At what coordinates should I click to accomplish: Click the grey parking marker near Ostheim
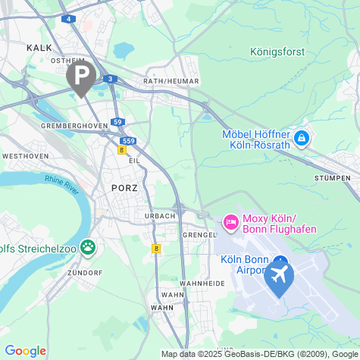81,75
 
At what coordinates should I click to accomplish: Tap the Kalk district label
39,47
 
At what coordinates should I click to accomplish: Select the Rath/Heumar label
171,81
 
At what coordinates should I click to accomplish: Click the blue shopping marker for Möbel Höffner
302,138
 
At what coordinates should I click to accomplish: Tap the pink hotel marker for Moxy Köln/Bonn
230,223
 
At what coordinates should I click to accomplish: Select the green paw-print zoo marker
89,246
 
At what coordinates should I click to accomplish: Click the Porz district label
124,187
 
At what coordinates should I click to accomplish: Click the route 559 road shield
129,140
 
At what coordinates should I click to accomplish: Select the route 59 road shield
117,122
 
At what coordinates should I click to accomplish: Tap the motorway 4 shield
70,18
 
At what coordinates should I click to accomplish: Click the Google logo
25,351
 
